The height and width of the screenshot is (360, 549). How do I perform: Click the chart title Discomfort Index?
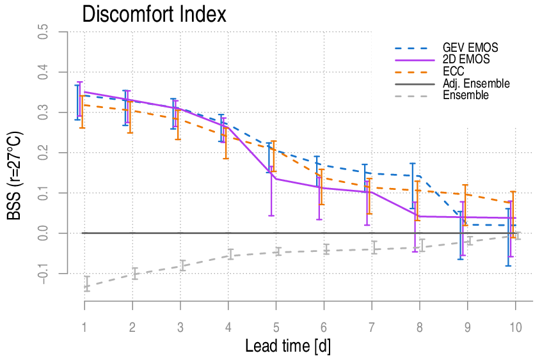click(154, 14)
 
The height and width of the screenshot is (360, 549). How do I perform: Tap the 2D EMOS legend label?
click(466, 59)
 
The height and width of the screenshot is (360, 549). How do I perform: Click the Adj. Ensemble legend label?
click(476, 84)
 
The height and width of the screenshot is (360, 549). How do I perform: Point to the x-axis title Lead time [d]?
click(288, 346)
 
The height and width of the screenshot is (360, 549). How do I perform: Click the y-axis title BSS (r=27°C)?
click(15, 176)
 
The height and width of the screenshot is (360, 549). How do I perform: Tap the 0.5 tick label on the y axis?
click(43, 31)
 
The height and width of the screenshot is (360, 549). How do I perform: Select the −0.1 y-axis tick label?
click(43, 273)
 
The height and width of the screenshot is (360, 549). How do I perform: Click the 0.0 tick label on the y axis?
click(43, 233)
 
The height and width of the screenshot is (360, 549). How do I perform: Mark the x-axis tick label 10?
click(515, 327)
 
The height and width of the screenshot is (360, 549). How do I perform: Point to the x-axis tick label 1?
click(84, 327)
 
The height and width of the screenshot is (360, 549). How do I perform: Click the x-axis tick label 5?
click(276, 327)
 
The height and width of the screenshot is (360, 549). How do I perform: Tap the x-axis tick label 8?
click(420, 327)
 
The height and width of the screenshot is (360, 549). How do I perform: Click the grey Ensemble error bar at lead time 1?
click(87, 283)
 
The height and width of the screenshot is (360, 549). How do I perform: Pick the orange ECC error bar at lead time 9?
click(465, 205)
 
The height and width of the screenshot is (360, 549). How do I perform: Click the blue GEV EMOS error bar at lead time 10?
click(508, 237)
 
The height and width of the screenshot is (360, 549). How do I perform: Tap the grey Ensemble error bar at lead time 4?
click(230, 254)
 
